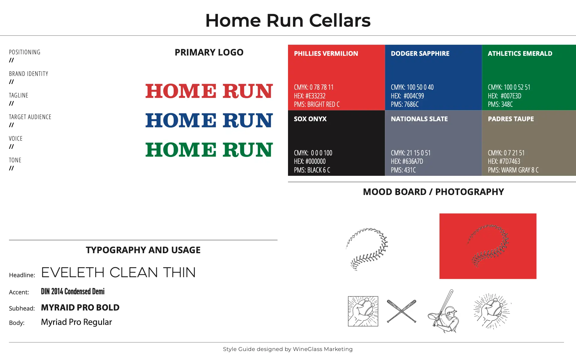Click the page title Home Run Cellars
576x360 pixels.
[288, 20]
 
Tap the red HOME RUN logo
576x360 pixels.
[209, 91]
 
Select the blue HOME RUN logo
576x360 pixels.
[209, 120]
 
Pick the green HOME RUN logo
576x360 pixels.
[209, 150]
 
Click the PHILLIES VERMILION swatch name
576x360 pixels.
[326, 53]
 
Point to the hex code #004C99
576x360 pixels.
[407, 96]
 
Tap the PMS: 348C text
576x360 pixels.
[500, 104]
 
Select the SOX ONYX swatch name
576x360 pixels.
[310, 119]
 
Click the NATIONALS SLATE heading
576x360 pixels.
[419, 119]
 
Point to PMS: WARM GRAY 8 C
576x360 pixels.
[513, 170]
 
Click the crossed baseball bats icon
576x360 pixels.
[401, 311]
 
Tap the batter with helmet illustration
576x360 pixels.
[443, 311]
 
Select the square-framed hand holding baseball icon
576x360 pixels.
[363, 311]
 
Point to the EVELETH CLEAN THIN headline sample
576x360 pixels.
[118, 272]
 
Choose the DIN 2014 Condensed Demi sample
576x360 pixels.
[73, 291]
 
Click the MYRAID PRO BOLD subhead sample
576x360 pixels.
[80, 307]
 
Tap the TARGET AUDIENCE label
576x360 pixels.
[30, 117]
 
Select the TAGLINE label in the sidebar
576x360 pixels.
[19, 95]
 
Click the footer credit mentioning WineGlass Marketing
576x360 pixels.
[288, 349]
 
